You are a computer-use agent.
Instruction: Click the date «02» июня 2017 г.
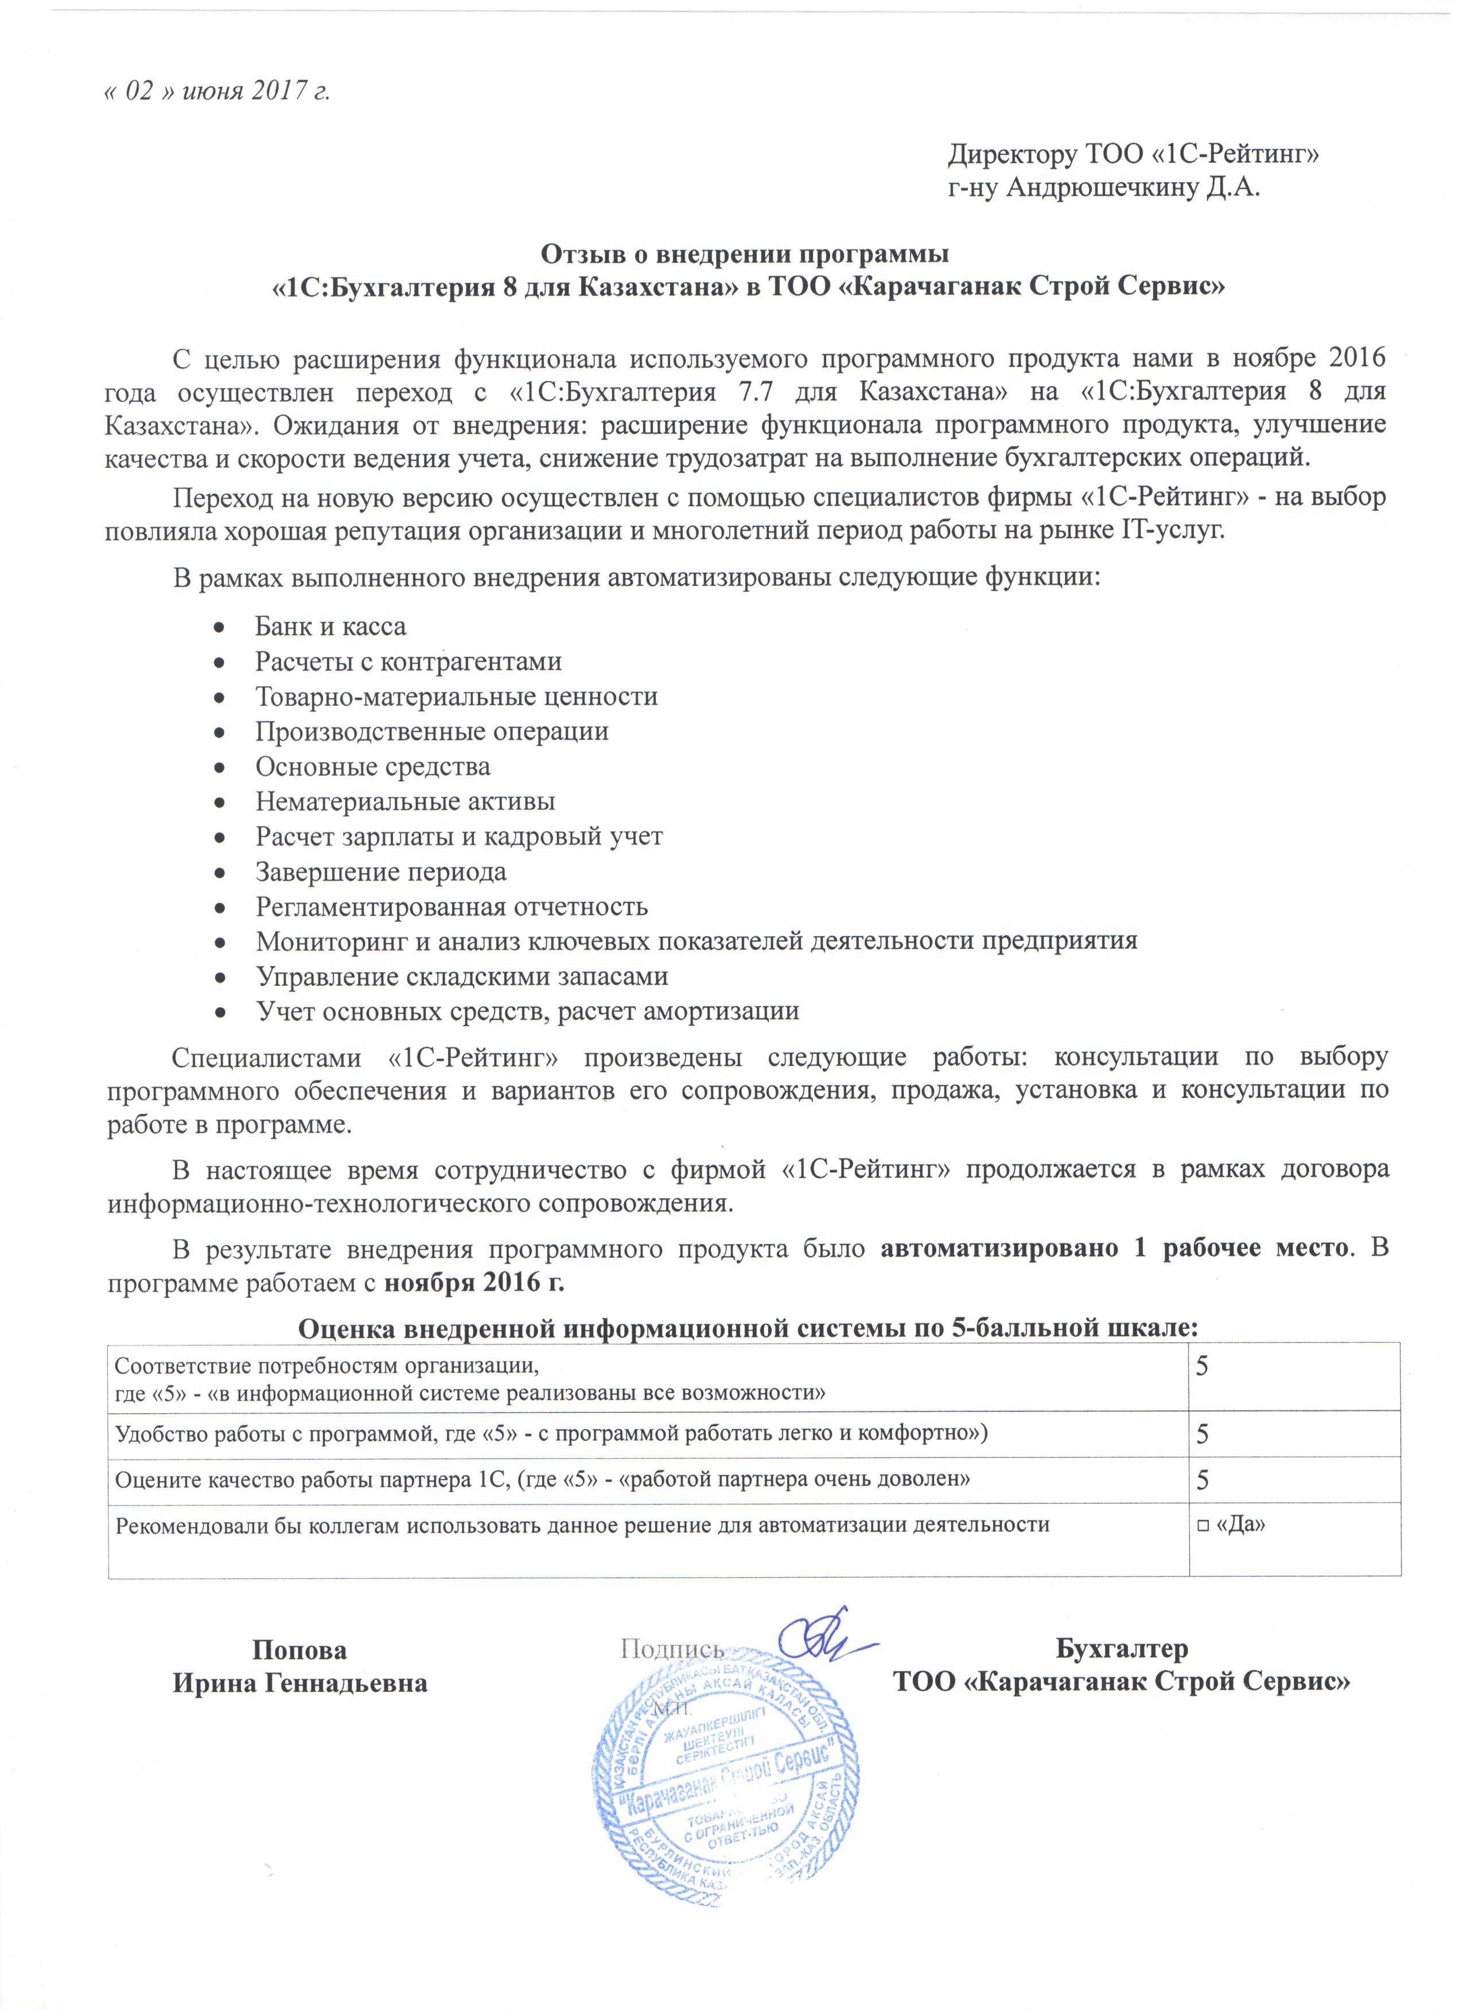(218, 91)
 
